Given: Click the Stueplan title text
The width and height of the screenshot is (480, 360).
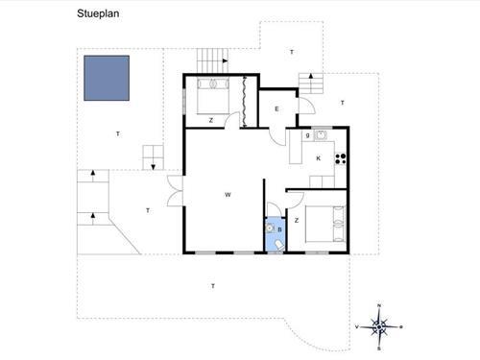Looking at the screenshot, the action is click(98, 13).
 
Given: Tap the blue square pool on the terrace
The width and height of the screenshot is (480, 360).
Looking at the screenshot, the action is click(107, 78).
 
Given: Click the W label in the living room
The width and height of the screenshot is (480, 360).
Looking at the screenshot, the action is click(228, 195).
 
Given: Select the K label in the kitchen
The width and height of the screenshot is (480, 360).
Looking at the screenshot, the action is click(319, 158).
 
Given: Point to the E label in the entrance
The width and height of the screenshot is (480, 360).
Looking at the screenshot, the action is click(276, 109).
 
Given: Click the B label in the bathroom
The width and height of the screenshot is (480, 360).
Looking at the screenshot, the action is click(279, 229).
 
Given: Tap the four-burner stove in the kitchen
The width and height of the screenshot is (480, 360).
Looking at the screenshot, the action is click(341, 159).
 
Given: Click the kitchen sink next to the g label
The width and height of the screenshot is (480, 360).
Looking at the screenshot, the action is click(321, 135).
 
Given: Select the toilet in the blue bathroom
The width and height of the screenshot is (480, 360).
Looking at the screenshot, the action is click(279, 246).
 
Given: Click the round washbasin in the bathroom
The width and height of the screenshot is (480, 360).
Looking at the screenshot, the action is click(271, 228).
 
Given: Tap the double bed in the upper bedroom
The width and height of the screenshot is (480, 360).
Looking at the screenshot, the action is click(213, 96).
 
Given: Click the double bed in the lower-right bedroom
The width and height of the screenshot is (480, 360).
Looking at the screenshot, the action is click(325, 224).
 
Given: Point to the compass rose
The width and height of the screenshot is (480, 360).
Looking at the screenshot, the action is click(379, 327).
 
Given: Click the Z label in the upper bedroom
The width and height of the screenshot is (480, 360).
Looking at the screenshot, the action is click(211, 120).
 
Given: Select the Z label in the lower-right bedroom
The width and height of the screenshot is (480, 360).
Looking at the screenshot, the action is click(297, 221).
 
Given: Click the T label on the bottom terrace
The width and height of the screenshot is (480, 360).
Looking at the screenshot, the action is click(213, 286).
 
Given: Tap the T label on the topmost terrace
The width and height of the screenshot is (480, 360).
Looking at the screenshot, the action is click(292, 52).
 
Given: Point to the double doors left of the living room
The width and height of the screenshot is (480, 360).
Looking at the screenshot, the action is click(175, 191).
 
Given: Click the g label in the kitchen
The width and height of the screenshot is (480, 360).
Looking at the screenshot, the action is click(308, 135).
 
